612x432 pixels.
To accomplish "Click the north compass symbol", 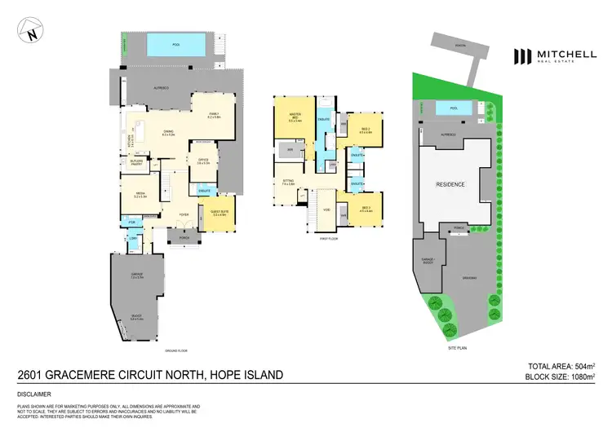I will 30,34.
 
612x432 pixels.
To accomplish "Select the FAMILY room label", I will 214,115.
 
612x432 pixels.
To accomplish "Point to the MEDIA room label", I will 141,194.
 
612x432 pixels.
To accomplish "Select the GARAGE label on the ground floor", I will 137,276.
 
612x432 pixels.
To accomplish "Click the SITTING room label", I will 289,183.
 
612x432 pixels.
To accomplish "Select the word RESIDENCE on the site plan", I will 450,184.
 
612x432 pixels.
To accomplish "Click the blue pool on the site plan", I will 446,108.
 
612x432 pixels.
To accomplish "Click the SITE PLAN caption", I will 458,348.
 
